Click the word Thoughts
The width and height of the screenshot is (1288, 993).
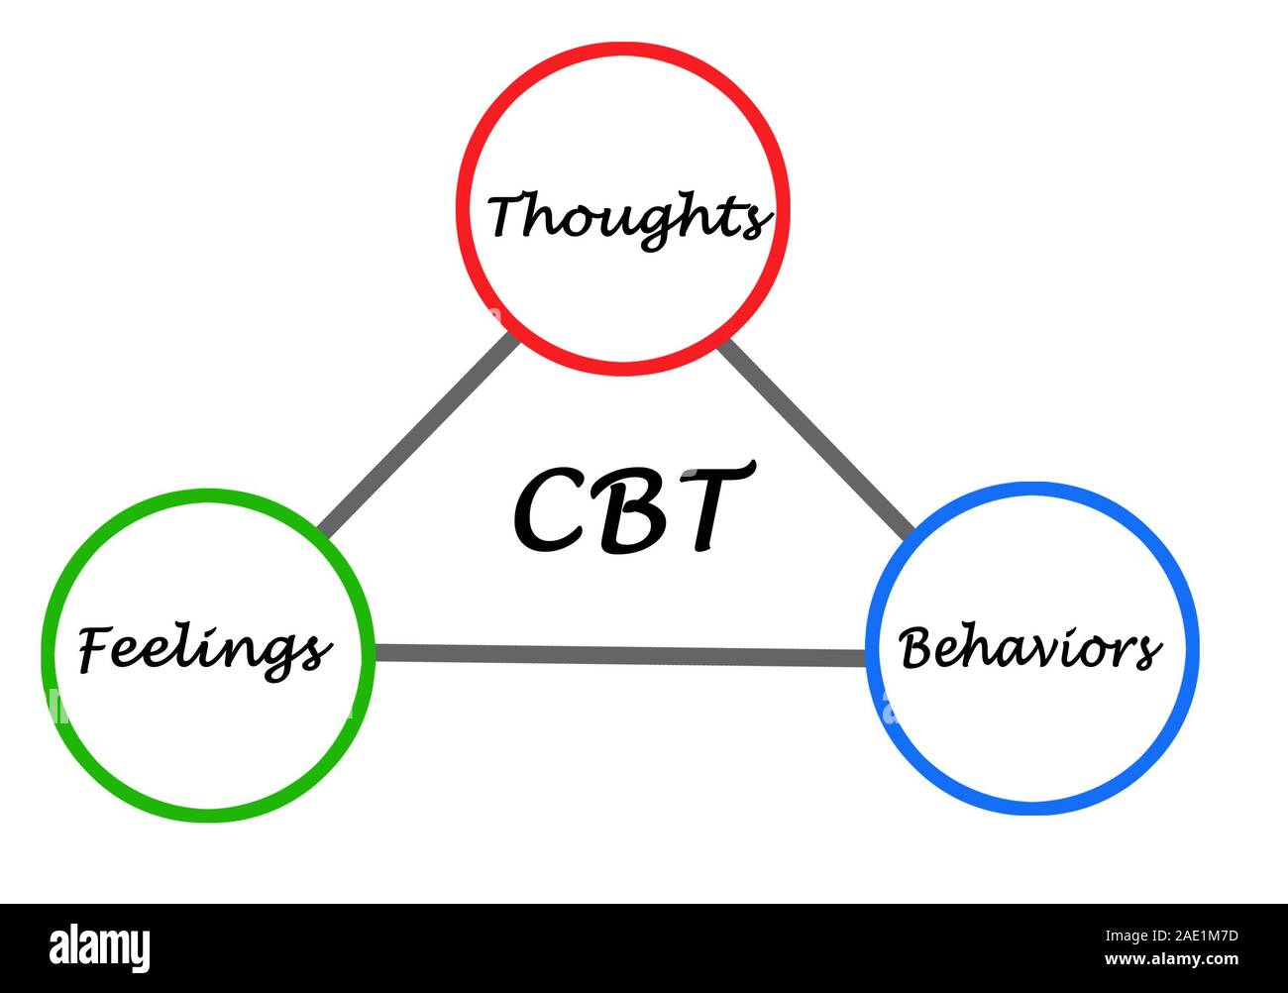[x=628, y=216]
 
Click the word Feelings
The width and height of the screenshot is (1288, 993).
[x=204, y=651]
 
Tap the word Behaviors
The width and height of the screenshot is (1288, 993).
[x=1030, y=649]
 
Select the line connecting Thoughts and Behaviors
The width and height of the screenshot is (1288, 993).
[x=814, y=436]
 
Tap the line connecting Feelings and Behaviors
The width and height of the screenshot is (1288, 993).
[x=619, y=654]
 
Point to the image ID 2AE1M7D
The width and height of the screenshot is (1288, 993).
[x=1185, y=935]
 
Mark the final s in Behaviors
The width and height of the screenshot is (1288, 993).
[x=1148, y=652]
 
